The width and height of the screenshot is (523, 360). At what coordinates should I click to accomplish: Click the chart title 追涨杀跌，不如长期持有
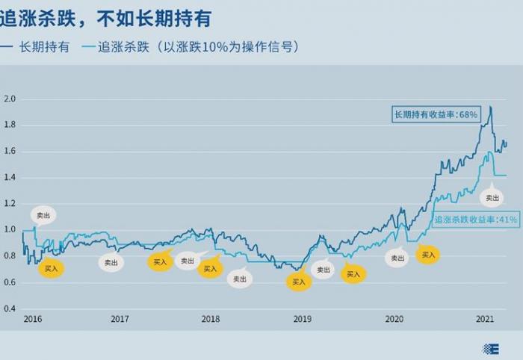[x=106, y=17]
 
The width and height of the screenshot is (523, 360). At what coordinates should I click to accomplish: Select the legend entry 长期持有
[x=45, y=46]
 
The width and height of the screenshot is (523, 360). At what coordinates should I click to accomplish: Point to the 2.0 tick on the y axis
[x=10, y=99]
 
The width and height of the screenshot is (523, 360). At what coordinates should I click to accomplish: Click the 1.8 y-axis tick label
[x=10, y=125]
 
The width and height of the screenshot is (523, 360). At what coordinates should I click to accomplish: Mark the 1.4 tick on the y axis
[x=10, y=177]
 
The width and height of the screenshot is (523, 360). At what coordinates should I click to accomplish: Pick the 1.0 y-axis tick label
[x=10, y=229]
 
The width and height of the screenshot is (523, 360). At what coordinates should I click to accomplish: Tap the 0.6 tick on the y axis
[x=10, y=282]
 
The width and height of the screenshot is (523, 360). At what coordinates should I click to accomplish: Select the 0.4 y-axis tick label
[x=10, y=308]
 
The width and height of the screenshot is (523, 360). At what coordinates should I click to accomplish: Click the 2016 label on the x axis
[x=32, y=319]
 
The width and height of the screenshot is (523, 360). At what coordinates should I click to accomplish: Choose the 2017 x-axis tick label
[x=120, y=319]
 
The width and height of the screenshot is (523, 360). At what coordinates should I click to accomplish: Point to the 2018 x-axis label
[x=211, y=319]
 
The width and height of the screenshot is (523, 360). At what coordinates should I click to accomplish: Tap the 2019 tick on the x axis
[x=302, y=319]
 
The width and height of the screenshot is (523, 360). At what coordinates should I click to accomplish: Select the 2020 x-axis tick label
[x=394, y=319]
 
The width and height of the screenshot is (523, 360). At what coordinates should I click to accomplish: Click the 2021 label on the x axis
[x=486, y=319]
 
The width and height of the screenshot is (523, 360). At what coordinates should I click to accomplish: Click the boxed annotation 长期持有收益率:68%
[x=436, y=114]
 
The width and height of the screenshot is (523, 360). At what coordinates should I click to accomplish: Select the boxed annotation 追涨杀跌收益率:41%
[x=475, y=220]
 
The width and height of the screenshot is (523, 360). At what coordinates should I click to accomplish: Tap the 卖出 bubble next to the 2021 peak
[x=492, y=198]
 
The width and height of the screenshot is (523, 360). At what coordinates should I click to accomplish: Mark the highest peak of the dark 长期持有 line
[x=490, y=107]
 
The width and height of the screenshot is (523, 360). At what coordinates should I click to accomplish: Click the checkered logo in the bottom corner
[x=492, y=348]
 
